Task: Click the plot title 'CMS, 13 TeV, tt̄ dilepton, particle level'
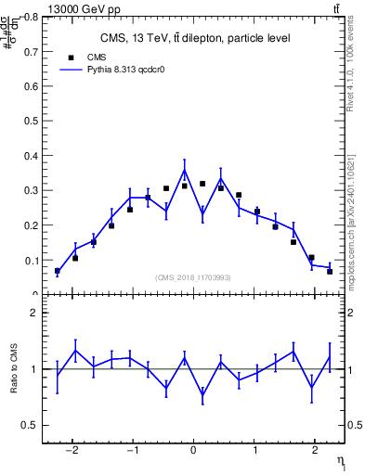point(194,38)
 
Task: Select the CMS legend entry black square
point(71,58)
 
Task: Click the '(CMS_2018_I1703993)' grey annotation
point(193,277)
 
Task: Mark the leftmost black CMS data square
point(58,271)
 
